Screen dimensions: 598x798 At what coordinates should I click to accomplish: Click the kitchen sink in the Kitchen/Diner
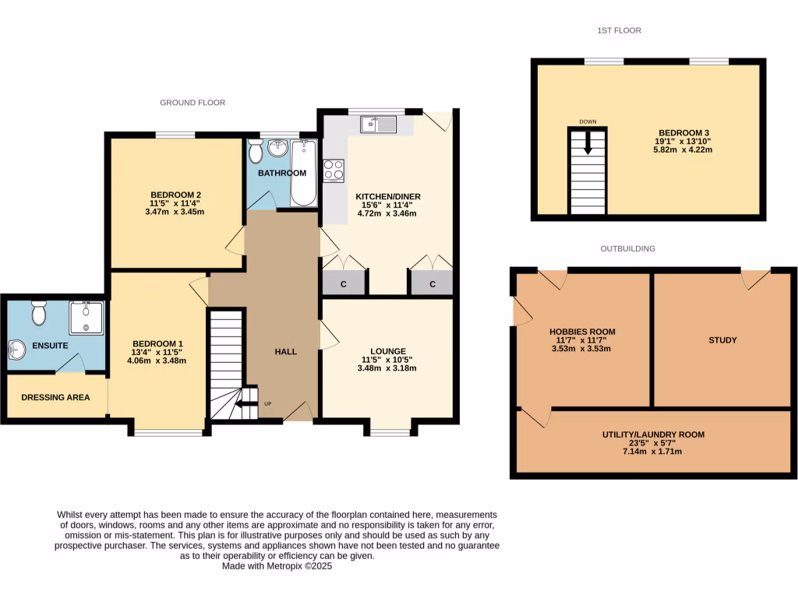(379, 123)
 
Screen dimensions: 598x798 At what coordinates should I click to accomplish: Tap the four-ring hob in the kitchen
(334, 170)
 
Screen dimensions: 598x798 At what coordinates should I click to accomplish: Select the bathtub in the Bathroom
(303, 172)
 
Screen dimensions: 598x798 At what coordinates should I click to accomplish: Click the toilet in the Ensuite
(36, 313)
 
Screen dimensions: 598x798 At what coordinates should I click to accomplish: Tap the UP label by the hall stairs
(268, 403)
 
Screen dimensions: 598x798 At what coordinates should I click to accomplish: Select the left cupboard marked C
(343, 284)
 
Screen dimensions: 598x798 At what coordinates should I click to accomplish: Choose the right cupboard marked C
(433, 284)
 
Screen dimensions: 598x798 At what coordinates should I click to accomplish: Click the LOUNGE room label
(387, 351)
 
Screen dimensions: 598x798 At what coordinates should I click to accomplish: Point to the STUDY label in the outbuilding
(722, 340)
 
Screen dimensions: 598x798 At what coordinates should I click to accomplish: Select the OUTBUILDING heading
(627, 248)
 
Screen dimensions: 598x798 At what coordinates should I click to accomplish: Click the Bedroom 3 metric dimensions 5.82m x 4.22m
(683, 149)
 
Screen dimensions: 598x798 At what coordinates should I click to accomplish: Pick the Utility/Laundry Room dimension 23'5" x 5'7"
(652, 443)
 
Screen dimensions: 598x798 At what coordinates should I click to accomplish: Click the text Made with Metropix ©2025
(277, 567)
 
